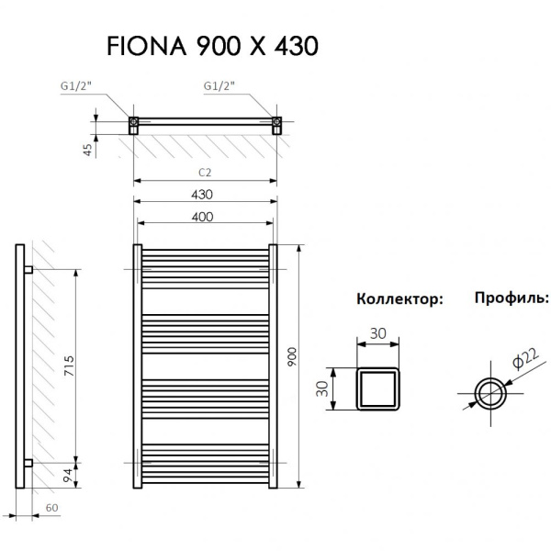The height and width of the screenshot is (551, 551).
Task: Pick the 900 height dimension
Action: coord(293,358)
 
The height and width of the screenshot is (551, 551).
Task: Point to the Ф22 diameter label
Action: coord(526,362)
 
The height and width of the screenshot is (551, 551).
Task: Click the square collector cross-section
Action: coord(377,388)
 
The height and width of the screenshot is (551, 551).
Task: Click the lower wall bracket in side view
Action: coord(28,462)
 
